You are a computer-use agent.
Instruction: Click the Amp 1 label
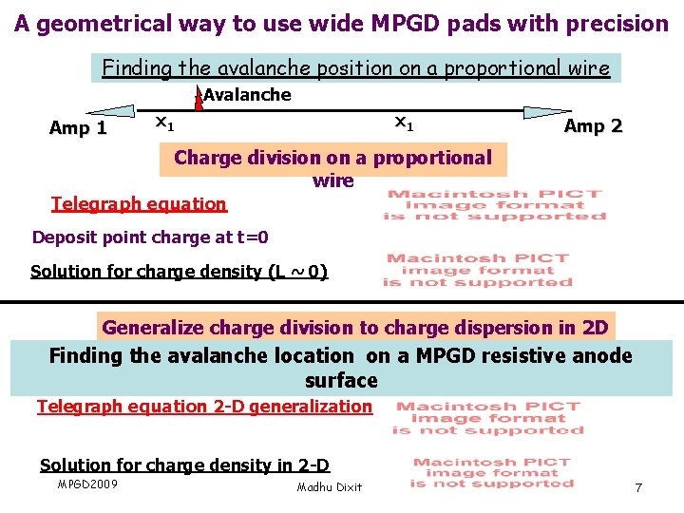coord(78,128)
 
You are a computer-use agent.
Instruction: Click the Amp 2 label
coord(593,126)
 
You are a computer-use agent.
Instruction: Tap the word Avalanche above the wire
coord(247,95)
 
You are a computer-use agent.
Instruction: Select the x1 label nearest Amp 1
coord(163,123)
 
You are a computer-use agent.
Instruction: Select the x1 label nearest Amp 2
coord(404,122)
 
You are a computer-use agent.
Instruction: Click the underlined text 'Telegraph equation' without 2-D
coord(139,203)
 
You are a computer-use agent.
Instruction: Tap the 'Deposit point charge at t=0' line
coord(150,237)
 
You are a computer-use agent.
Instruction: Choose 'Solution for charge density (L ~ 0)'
coord(179,272)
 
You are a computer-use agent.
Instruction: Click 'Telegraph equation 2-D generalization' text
coord(204,407)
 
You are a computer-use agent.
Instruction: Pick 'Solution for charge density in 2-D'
coord(184,465)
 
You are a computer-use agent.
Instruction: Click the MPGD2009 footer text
coord(87,484)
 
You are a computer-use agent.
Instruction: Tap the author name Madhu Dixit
coord(329,487)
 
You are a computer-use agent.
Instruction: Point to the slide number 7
coord(638,487)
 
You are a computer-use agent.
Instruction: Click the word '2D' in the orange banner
coord(595,328)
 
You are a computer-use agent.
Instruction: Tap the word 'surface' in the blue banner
coord(341,381)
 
